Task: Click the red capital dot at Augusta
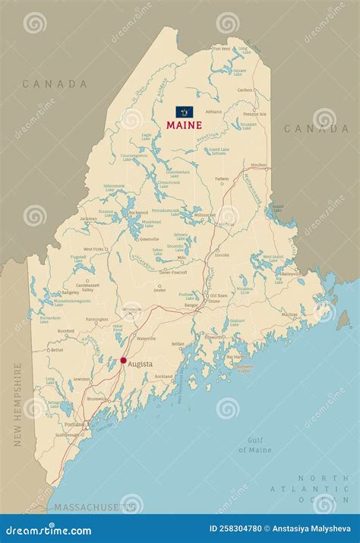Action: (x=123, y=361)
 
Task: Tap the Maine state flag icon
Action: (x=185, y=112)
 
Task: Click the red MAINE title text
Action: (x=185, y=125)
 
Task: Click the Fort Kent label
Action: (x=221, y=49)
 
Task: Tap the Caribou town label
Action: (x=245, y=90)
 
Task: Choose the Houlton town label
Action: (x=258, y=164)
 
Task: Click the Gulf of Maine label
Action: (x=254, y=445)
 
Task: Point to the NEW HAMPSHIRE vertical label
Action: (x=17, y=414)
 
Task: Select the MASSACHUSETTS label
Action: (x=84, y=506)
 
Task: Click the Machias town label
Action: (x=289, y=314)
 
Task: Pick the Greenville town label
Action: (x=149, y=238)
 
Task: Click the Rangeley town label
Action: (x=71, y=292)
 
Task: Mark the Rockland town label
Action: (x=163, y=377)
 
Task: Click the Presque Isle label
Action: (x=254, y=114)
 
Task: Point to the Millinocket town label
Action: (x=205, y=215)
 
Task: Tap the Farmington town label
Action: (x=96, y=320)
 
